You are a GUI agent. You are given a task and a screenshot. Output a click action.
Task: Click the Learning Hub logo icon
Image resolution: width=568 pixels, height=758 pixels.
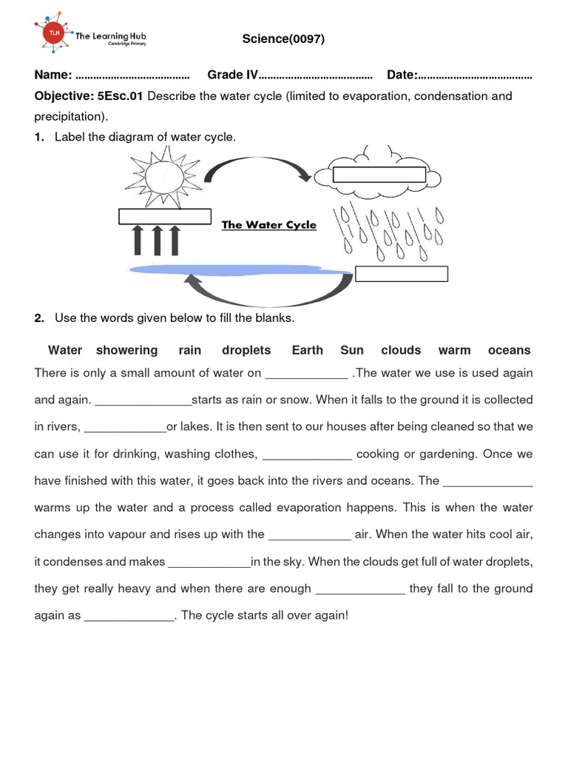(x=53, y=35)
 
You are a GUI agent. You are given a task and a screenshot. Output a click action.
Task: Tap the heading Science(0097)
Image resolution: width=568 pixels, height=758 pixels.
(x=283, y=38)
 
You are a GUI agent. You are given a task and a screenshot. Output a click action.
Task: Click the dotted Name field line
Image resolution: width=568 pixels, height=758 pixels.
(x=133, y=76)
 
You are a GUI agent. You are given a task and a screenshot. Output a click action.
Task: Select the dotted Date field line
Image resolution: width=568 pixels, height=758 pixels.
(x=475, y=76)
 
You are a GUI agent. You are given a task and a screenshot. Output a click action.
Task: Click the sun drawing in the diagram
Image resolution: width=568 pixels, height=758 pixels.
(x=164, y=177)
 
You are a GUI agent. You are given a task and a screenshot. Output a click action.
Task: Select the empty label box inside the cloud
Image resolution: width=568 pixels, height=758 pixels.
(x=379, y=175)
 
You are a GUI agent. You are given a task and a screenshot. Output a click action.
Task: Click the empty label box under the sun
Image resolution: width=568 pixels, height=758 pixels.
(x=166, y=216)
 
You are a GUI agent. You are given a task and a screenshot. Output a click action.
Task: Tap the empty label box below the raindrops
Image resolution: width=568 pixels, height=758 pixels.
(x=402, y=274)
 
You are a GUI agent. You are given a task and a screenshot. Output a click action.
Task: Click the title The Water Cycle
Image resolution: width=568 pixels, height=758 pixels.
(x=269, y=225)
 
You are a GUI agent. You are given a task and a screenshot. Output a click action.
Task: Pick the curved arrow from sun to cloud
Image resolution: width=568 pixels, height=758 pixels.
(x=257, y=170)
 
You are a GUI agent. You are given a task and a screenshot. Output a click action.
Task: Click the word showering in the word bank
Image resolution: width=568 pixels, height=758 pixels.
(x=126, y=350)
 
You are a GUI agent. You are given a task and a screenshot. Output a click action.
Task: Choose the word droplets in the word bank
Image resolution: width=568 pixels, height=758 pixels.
(x=246, y=350)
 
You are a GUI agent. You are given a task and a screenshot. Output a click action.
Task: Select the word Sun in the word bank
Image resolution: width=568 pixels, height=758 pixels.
(x=352, y=350)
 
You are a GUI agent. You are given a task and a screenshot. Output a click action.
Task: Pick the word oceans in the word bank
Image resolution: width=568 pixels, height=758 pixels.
(x=509, y=350)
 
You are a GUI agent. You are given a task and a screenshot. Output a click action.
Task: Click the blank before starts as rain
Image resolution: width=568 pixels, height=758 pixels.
(x=143, y=400)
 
